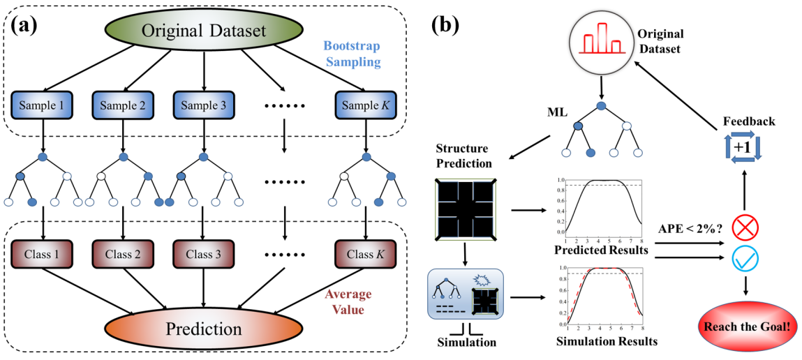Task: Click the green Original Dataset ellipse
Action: click(x=203, y=30)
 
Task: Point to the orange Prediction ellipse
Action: click(x=202, y=328)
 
